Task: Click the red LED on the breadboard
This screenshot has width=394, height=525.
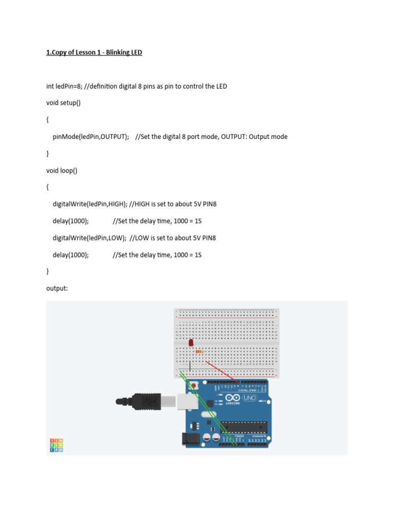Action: pyautogui.click(x=191, y=342)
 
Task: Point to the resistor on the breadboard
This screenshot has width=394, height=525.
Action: pyautogui.click(x=199, y=351)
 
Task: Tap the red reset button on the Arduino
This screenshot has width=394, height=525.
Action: pyautogui.click(x=194, y=385)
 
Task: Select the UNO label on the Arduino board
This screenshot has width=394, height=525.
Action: pyautogui.click(x=250, y=398)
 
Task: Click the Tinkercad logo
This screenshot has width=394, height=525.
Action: pyautogui.click(x=56, y=445)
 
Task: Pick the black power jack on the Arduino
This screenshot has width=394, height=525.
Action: pyautogui.click(x=189, y=438)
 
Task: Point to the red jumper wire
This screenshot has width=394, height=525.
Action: pyautogui.click(x=221, y=371)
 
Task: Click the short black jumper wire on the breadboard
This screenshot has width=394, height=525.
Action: pyautogui.click(x=190, y=366)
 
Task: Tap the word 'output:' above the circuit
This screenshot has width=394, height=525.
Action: pyautogui.click(x=57, y=289)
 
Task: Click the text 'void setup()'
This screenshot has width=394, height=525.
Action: pyautogui.click(x=63, y=103)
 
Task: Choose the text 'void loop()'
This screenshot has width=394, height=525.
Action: pyautogui.click(x=62, y=171)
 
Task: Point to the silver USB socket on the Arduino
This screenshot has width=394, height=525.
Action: pyautogui.click(x=188, y=401)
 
